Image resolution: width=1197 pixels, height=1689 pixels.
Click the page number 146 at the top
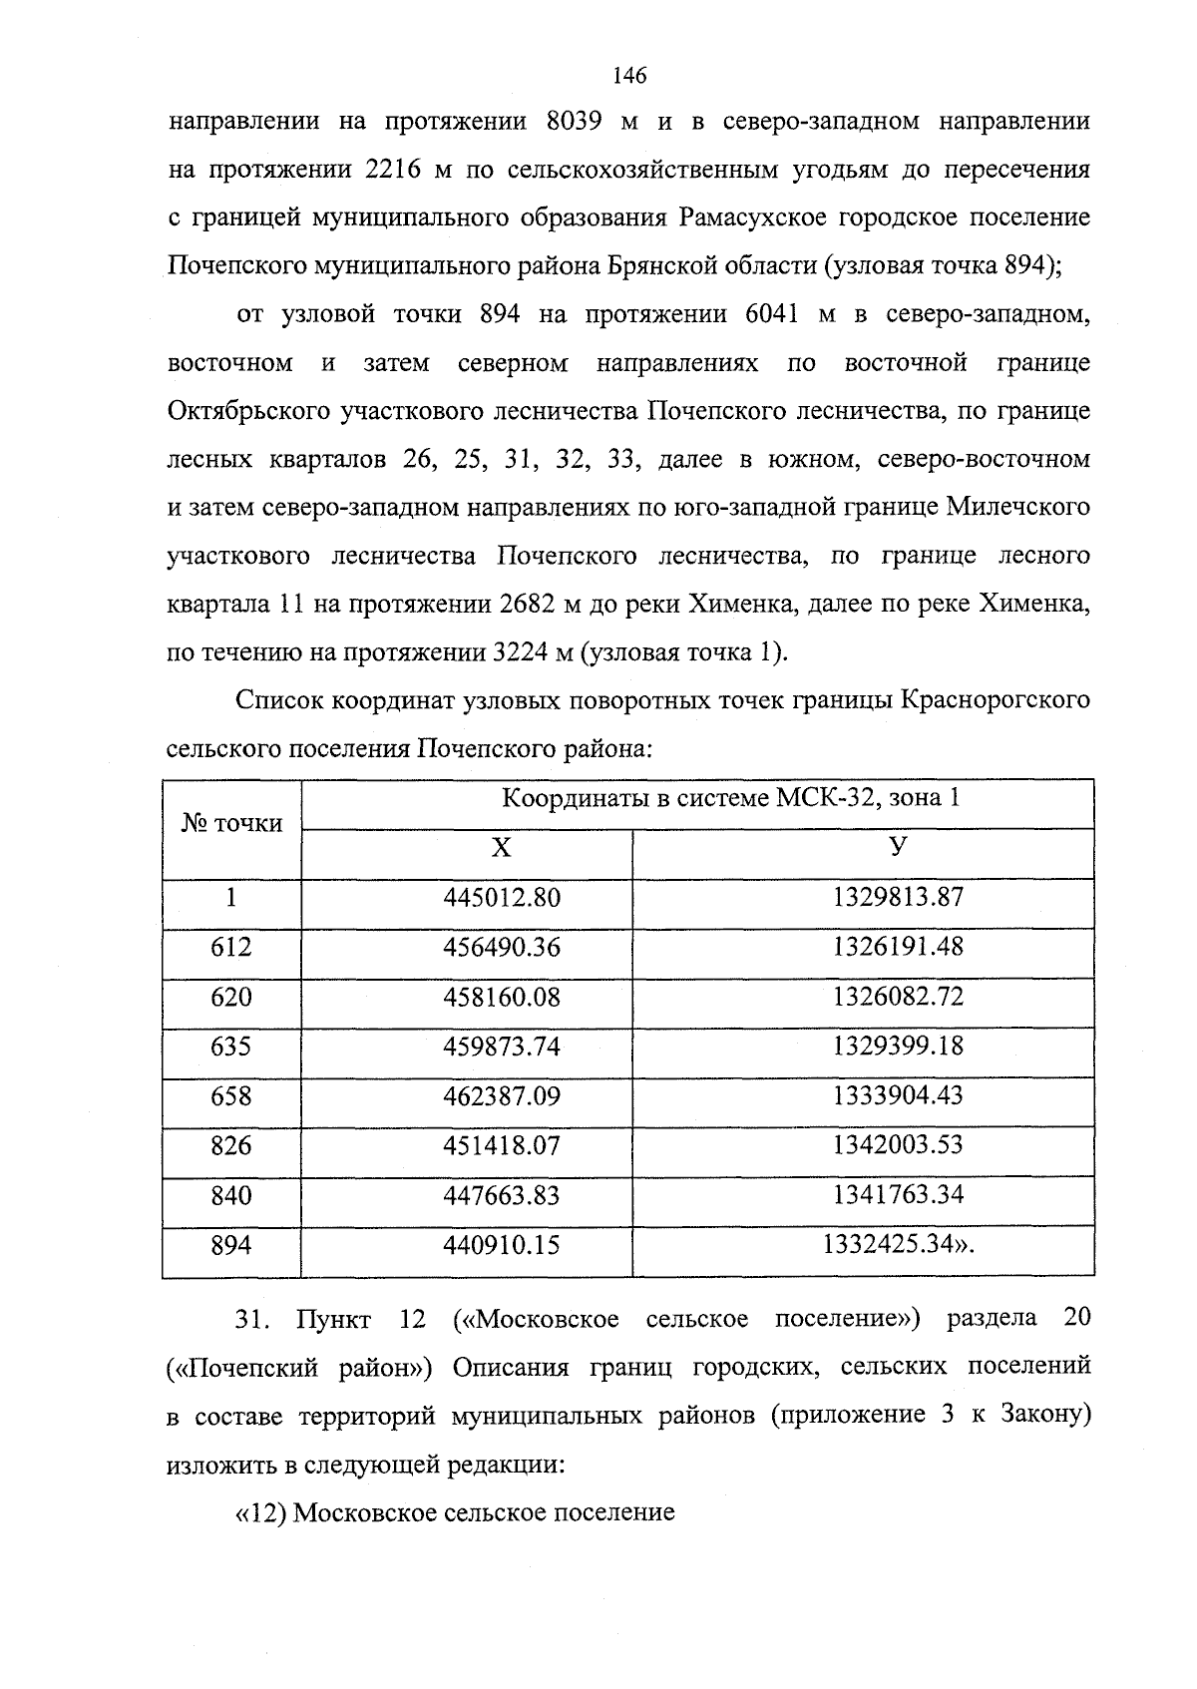pos(629,76)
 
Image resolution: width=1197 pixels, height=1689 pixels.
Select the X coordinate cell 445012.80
pos(502,897)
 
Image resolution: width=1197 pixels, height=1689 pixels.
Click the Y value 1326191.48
pos(898,946)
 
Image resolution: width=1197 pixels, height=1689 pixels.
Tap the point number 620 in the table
pos(231,997)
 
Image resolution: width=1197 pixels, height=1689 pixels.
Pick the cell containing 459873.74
pos(502,1047)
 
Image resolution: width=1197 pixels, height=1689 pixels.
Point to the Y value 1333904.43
pos(898,1095)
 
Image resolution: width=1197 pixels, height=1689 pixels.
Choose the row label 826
pos(231,1145)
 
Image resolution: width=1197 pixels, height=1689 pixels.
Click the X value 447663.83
pos(502,1195)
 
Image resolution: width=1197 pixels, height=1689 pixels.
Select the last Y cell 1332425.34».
pos(898,1245)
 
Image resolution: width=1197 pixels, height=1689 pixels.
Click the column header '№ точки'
pos(231,824)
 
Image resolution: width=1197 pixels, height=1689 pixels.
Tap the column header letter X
pos(501,849)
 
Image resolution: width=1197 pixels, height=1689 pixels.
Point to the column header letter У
pos(898,847)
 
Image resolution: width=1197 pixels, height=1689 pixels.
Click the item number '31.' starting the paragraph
pos(252,1319)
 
